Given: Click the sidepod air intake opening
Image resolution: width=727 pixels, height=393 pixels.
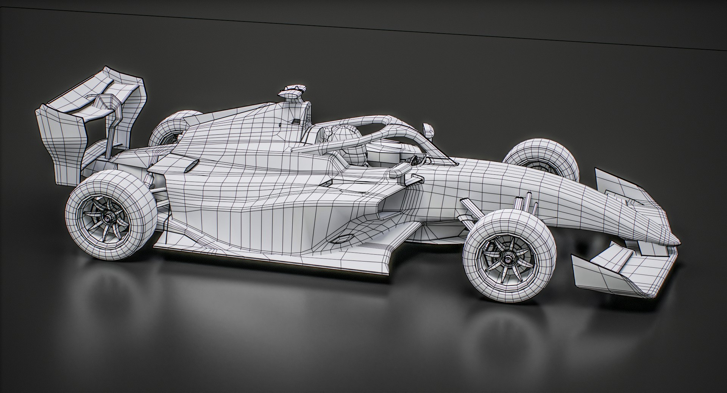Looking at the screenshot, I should click(x=390, y=206).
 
